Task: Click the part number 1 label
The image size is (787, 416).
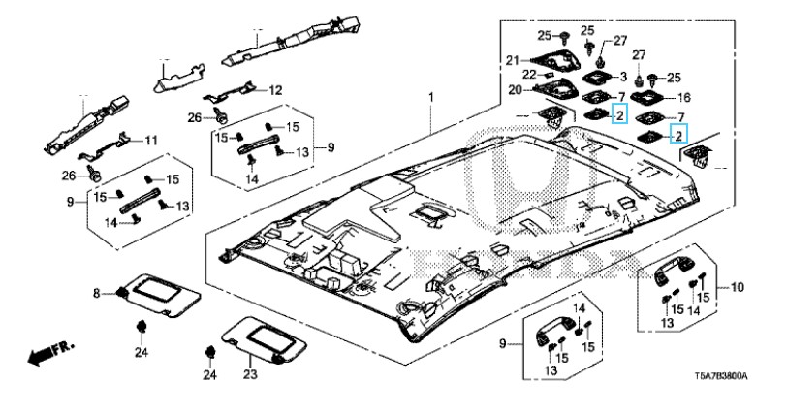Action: pos(430,96)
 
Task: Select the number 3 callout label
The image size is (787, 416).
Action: pos(623,77)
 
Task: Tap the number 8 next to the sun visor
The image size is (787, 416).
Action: pos(97,293)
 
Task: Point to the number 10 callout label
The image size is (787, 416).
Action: pos(738,287)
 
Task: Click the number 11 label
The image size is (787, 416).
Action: pos(151,141)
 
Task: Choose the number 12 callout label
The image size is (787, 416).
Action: pos(275,90)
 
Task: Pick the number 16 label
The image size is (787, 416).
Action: pos(684,98)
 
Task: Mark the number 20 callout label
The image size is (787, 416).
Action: pos(516,90)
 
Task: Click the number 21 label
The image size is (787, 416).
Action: pos(512,61)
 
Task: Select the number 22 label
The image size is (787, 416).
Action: pos(529,75)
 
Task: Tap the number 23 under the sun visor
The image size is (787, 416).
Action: pos(250,373)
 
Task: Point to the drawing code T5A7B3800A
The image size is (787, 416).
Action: pos(721,376)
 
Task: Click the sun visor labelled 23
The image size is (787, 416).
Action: pos(265,339)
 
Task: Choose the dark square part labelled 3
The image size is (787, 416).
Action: pos(598,77)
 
